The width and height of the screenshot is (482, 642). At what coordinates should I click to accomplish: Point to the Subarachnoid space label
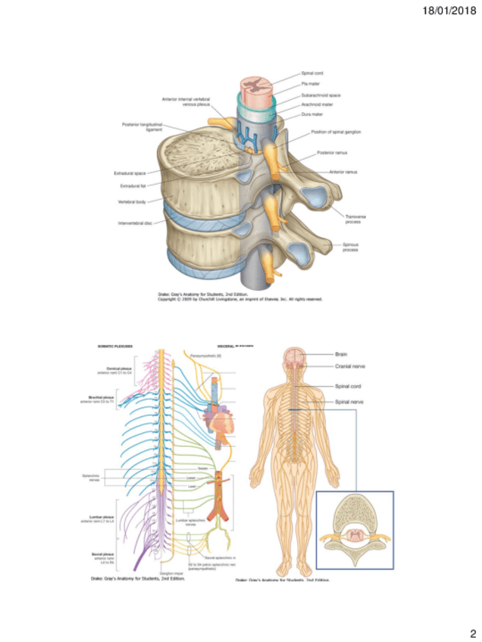[x=319, y=96]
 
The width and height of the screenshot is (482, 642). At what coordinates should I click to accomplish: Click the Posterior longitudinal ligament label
[x=138, y=126]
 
